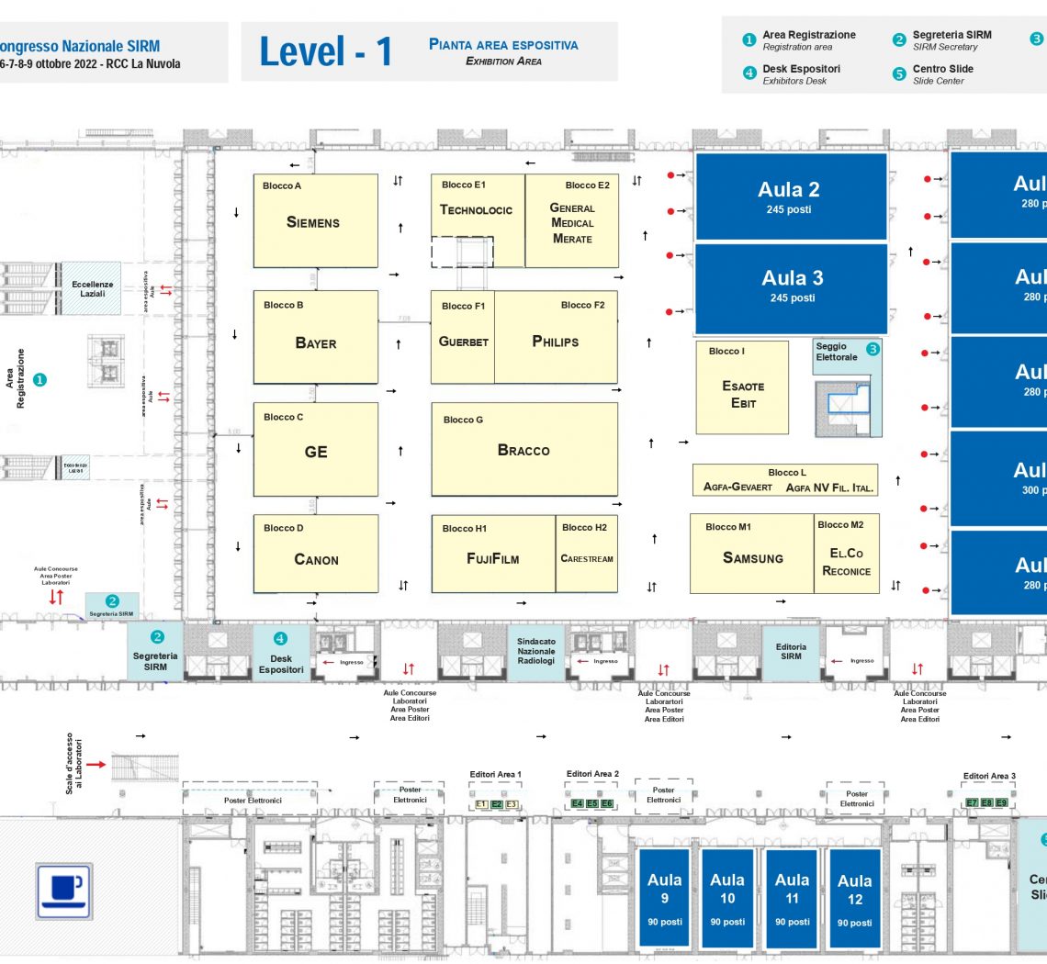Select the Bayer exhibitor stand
(x=315, y=342)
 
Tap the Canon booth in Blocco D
(x=315, y=558)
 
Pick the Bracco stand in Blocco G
(x=523, y=450)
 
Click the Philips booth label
(x=556, y=342)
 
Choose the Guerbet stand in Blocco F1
(x=463, y=342)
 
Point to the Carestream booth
(x=587, y=558)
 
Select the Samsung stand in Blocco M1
(x=752, y=557)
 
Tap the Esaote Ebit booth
(x=742, y=394)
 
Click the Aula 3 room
(x=791, y=286)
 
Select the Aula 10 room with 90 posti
(x=727, y=898)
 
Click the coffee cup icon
(x=63, y=890)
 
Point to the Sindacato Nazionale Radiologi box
(x=536, y=652)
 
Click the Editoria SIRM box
(x=791, y=652)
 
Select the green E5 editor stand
(x=592, y=803)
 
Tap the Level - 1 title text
(x=326, y=51)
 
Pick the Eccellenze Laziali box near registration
(x=92, y=288)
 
